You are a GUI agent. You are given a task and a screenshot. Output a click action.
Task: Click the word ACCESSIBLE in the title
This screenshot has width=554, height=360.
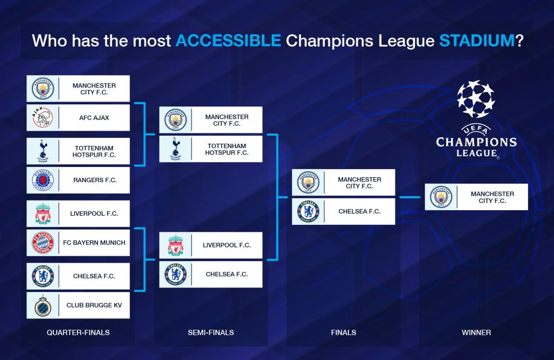[x=228, y=41]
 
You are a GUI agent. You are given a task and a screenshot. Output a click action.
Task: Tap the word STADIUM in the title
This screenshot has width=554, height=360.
[x=477, y=41]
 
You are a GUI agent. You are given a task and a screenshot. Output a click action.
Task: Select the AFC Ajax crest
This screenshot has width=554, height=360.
[x=43, y=117]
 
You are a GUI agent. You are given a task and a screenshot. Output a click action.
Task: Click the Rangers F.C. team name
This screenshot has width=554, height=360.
[x=95, y=180]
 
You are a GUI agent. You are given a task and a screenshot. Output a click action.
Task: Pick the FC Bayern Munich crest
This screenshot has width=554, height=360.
[x=43, y=243]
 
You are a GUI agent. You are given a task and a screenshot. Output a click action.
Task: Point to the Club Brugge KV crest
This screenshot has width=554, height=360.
[x=43, y=305]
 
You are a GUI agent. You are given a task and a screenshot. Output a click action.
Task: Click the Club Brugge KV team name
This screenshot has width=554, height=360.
[x=94, y=305]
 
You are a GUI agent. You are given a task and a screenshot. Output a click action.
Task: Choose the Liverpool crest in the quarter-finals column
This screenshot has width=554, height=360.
[x=43, y=214]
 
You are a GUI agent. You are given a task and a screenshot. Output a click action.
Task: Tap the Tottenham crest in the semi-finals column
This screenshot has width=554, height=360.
[x=176, y=149]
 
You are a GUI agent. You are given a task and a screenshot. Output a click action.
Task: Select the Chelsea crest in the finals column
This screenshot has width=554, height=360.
[x=308, y=211]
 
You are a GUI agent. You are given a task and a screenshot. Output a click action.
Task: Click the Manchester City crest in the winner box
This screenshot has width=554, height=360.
[x=441, y=197]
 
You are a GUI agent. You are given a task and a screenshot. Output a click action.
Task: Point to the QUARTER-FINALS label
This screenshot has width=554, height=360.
[x=78, y=332]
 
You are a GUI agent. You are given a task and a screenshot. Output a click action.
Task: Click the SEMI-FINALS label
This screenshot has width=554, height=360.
[x=211, y=332]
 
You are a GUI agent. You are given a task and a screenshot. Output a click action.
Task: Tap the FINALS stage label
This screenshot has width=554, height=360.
[x=344, y=332]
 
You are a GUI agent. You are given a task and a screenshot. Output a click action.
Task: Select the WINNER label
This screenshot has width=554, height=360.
[x=476, y=332]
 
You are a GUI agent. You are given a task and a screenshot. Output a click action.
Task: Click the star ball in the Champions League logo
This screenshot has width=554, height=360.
[x=476, y=99]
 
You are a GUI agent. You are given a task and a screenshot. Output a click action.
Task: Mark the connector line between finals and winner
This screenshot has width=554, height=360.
[x=410, y=197]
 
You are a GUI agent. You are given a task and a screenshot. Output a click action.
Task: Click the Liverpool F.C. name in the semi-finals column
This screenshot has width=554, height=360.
[x=227, y=245]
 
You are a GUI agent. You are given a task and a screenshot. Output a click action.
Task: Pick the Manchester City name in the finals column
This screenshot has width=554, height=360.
[x=359, y=183]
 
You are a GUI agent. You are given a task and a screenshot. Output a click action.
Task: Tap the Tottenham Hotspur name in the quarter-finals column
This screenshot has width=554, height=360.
[x=94, y=151]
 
